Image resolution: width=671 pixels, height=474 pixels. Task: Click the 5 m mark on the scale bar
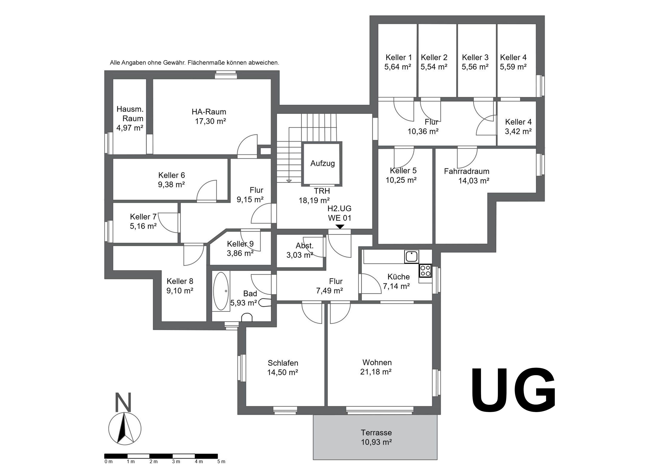221,462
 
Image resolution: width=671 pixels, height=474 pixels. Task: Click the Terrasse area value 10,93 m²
376,442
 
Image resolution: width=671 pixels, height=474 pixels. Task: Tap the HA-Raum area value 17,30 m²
210,121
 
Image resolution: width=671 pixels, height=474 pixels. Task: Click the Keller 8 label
180,281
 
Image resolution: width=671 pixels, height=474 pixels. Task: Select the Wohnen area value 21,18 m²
376,372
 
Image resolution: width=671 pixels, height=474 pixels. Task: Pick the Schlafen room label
283,363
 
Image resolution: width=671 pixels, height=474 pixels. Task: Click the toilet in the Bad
247,317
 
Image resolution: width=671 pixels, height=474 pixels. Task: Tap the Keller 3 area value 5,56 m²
475,67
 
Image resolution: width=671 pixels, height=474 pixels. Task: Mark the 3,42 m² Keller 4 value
518,131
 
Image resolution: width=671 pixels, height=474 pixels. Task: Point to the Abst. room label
305,246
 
